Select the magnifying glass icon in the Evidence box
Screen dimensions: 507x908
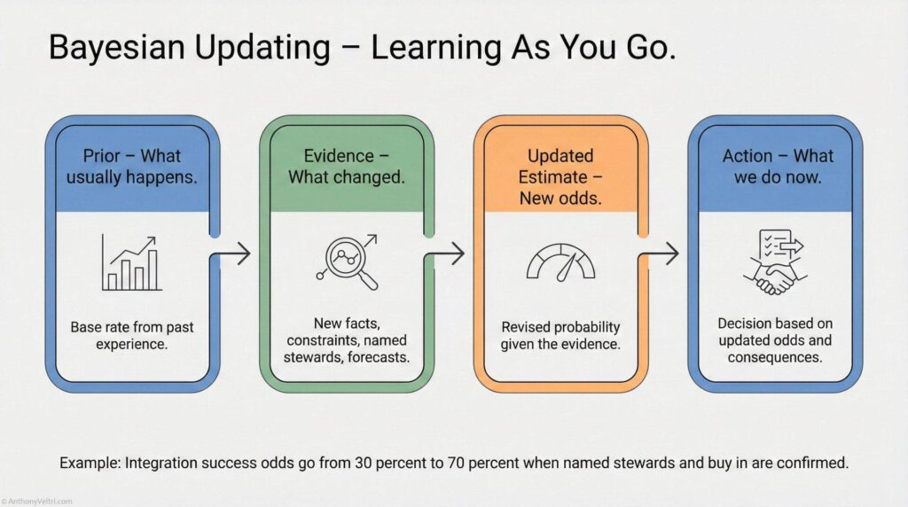pyautogui.click(x=347, y=262)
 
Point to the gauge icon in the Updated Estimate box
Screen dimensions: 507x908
pyautogui.click(x=561, y=262)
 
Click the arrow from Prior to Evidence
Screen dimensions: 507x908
pyautogui.click(x=233, y=255)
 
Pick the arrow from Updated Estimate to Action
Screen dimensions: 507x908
pyautogui.click(x=661, y=255)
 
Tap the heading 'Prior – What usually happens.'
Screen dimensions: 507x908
pyautogui.click(x=132, y=166)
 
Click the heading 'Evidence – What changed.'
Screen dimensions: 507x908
pyautogui.click(x=346, y=166)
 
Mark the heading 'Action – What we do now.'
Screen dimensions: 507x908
pyautogui.click(x=777, y=166)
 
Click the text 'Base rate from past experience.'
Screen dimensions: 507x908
pyautogui.click(x=132, y=336)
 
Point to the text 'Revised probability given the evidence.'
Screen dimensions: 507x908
pyautogui.click(x=560, y=336)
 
